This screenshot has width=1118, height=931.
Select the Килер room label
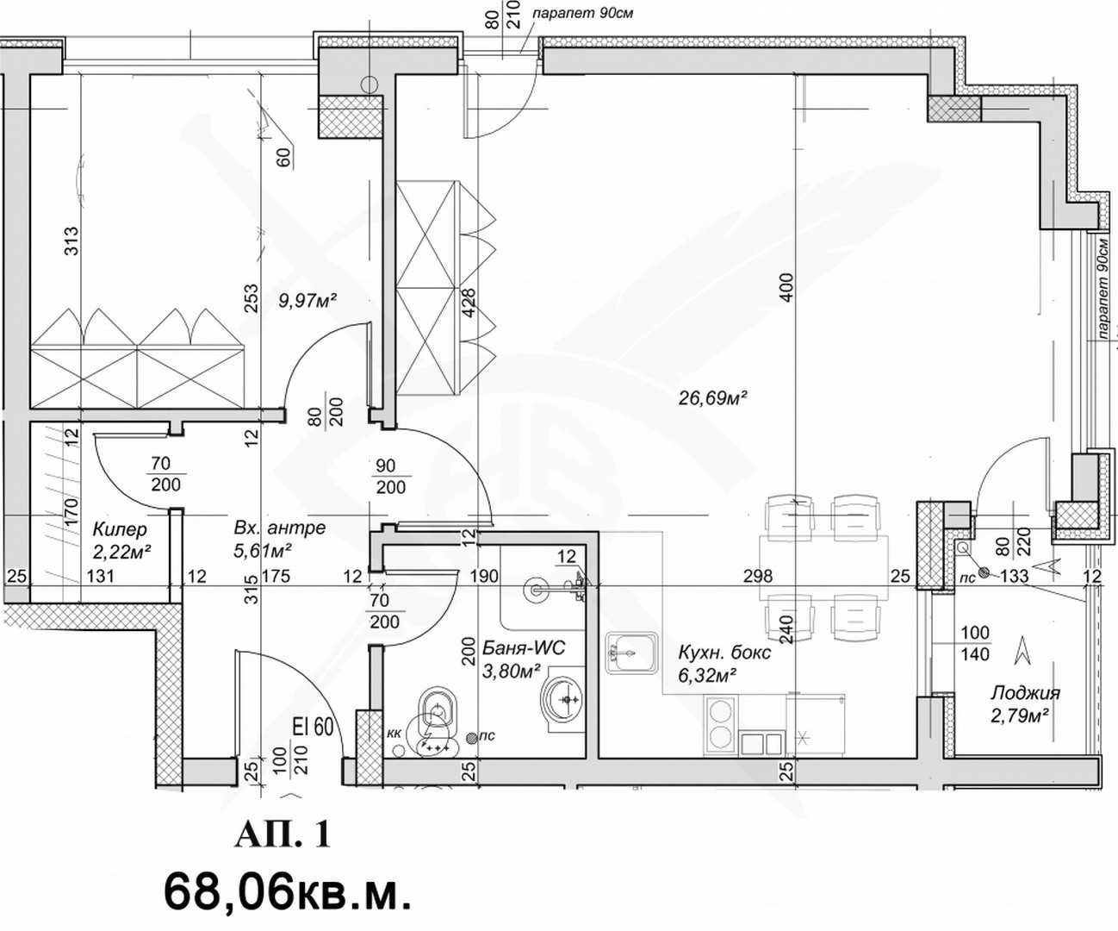[119, 528]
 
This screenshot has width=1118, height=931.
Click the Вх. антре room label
[279, 528]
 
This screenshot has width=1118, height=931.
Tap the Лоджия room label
[1024, 692]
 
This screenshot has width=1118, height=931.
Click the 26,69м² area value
[711, 398]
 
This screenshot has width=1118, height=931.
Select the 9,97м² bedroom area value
[307, 300]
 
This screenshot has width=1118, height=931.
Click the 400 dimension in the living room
[785, 288]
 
